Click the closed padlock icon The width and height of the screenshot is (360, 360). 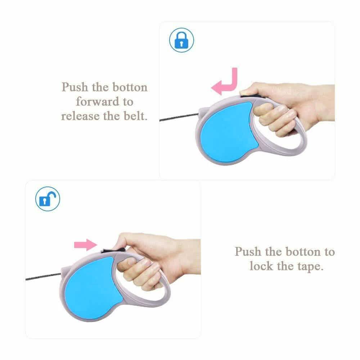(x=181, y=40)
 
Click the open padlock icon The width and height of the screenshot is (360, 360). (x=48, y=199)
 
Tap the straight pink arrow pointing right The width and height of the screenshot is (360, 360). (x=86, y=245)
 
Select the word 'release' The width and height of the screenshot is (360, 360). (x=80, y=116)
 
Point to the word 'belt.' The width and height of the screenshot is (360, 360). (x=135, y=116)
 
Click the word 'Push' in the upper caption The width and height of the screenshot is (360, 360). (x=75, y=87)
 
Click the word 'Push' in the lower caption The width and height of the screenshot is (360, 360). (x=248, y=252)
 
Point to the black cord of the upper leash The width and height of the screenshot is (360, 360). (x=179, y=117)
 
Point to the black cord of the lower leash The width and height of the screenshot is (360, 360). (x=44, y=276)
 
